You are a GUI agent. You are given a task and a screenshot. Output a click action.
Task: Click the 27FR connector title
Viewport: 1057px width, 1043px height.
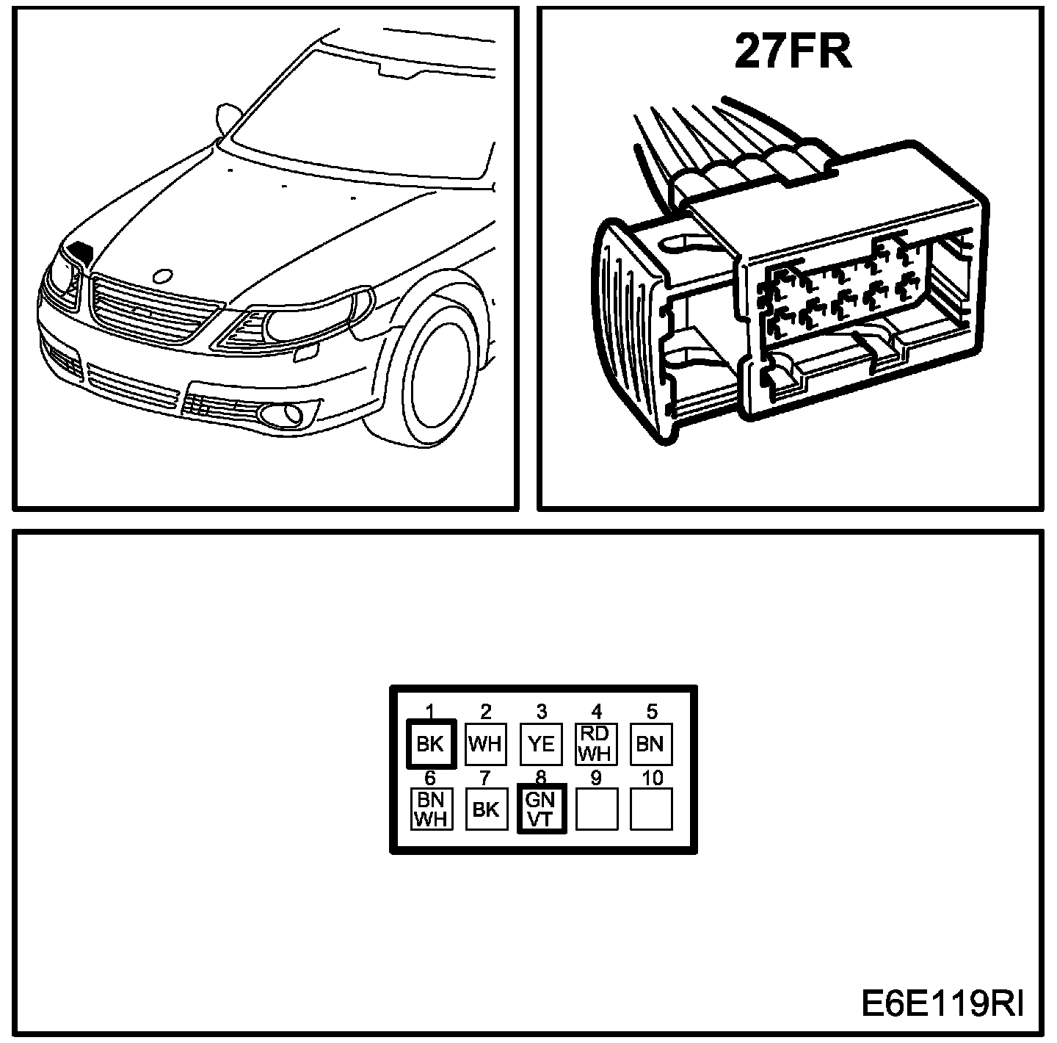[793, 53]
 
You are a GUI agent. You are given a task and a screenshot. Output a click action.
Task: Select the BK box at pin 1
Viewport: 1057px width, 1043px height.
[430, 744]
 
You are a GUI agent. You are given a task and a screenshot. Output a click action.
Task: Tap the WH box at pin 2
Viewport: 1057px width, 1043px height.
[485, 744]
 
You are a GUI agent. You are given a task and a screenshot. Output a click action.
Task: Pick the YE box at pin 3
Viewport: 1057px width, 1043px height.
[541, 744]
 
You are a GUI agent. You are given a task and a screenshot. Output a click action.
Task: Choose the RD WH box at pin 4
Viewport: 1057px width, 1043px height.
[596, 744]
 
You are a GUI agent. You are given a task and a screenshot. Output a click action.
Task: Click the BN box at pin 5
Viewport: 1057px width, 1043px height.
[651, 744]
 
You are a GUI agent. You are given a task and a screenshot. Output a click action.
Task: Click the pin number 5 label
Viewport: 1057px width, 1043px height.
[652, 711]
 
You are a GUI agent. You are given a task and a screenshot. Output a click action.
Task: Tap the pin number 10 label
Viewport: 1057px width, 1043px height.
[652, 777]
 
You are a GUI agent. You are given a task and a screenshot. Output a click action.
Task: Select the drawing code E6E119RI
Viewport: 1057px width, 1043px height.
[942, 1003]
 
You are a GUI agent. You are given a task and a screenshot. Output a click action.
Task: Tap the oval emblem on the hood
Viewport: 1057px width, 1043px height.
[162, 276]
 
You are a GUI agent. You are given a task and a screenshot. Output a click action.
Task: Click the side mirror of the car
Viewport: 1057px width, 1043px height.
[228, 118]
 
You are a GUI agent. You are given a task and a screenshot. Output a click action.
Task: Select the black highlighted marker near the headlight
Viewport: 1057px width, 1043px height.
[80, 251]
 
